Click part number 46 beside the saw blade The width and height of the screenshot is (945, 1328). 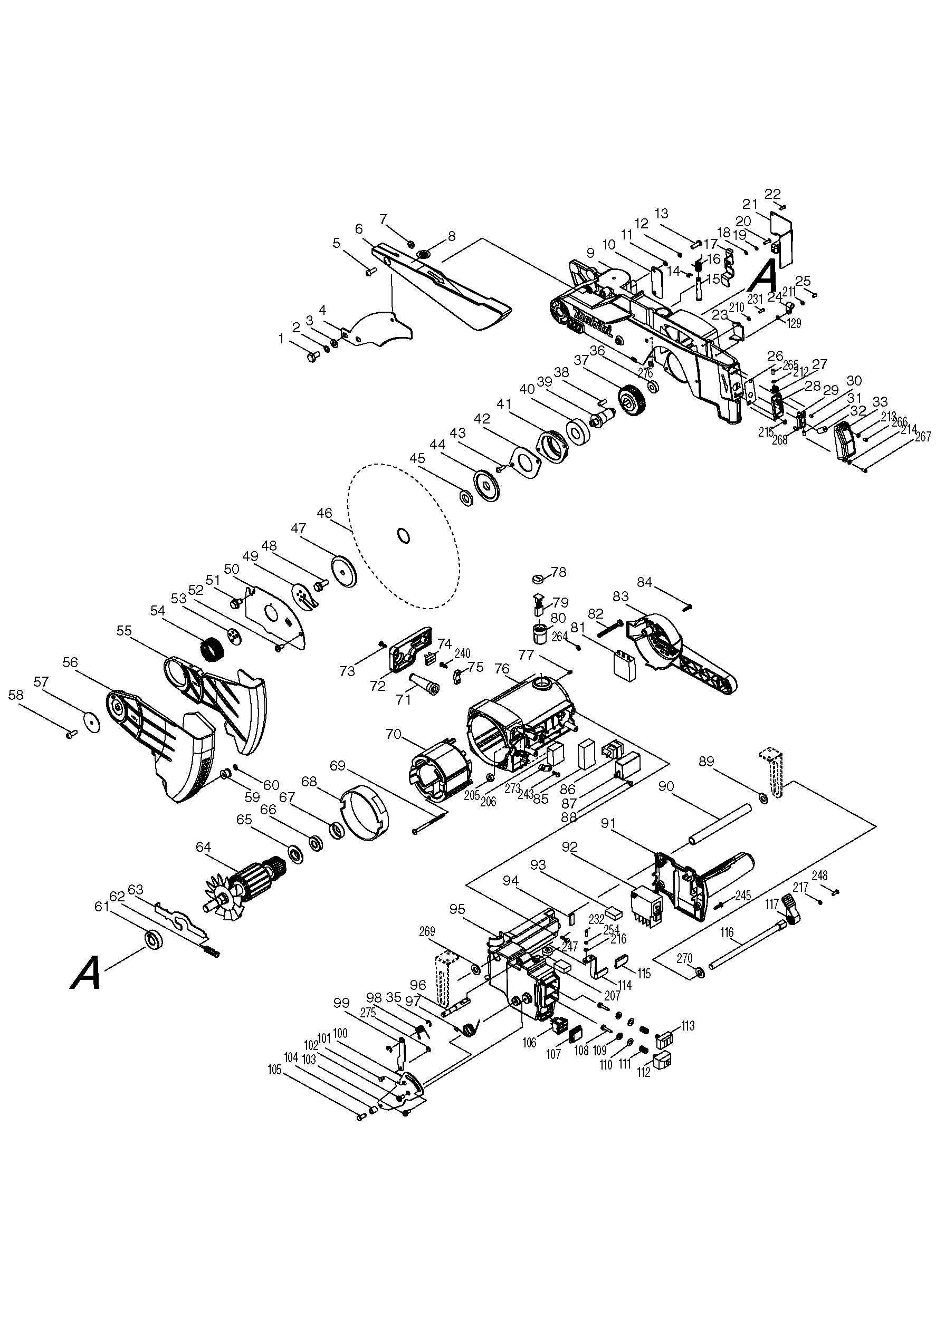coord(324,514)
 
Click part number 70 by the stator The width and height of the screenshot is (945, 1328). coord(394,734)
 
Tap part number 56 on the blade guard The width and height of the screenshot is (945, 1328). coord(70,662)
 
